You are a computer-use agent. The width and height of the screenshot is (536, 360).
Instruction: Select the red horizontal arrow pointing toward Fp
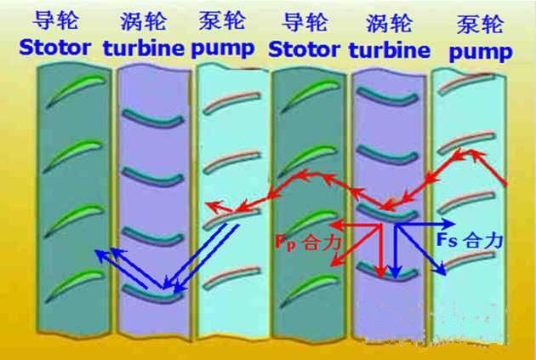click(x=353, y=225)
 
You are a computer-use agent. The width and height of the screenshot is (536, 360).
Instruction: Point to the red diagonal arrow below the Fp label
click(x=366, y=250)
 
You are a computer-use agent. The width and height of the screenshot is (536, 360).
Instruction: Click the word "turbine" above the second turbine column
click(x=391, y=49)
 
